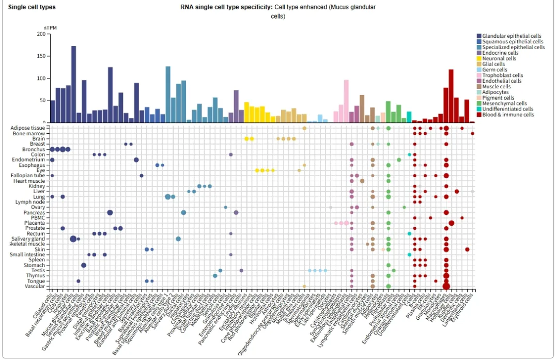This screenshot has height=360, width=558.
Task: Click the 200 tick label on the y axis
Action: tap(40, 34)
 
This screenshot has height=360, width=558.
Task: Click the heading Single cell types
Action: tap(32, 7)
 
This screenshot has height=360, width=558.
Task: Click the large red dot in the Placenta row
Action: tap(452, 223)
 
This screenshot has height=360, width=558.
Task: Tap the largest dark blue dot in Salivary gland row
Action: tap(73, 239)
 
